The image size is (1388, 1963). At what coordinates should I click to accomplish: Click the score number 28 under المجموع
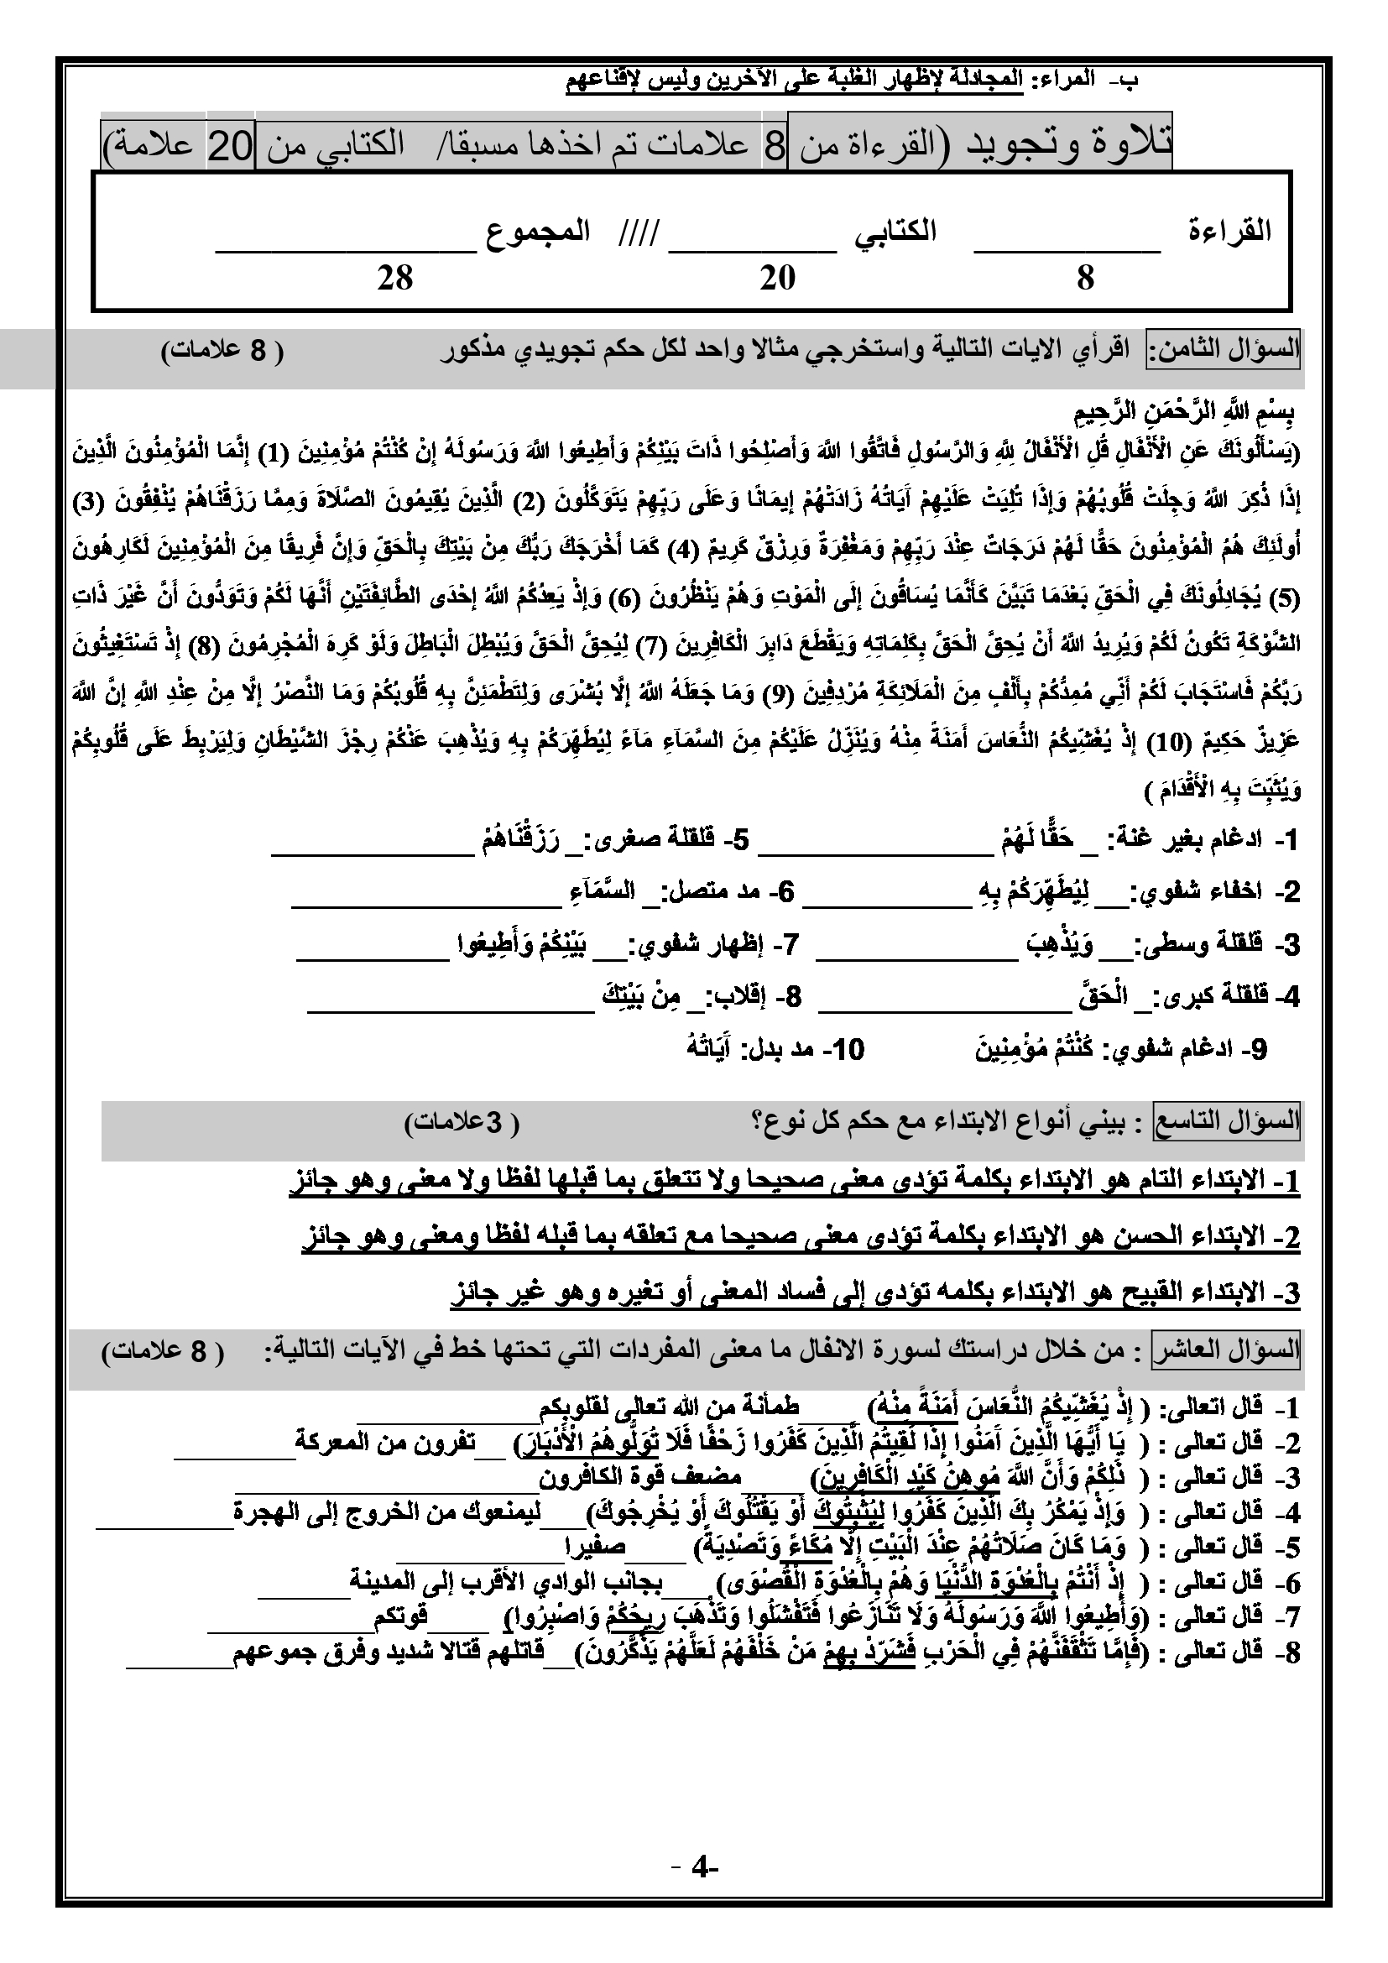395,277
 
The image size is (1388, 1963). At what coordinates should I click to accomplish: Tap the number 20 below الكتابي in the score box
778,277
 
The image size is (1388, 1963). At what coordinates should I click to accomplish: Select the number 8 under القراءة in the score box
1085,277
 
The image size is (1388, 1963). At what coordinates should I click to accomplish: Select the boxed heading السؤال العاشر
1228,1351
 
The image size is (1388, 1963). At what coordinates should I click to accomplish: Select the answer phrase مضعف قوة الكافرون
641,1476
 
